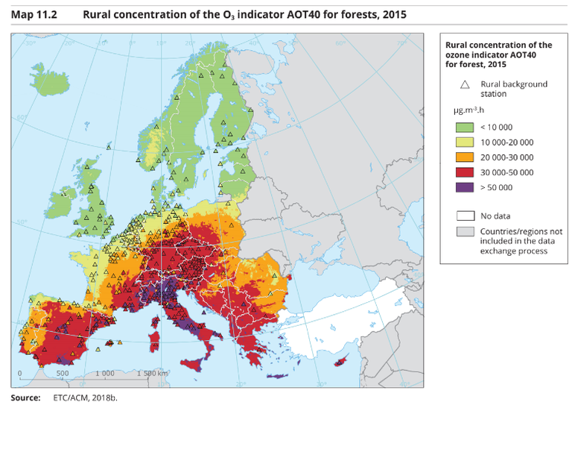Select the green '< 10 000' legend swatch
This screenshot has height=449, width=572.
pos(465,127)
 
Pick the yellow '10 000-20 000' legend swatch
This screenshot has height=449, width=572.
pos(465,142)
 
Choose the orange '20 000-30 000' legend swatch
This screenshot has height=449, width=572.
pos(465,157)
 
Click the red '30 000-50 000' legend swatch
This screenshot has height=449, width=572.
pos(465,172)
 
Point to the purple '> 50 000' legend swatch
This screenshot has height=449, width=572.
pos(465,187)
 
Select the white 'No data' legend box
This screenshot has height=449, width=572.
pos(465,216)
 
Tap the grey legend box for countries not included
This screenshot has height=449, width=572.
pos(465,232)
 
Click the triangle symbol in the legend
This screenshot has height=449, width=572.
pos(465,84)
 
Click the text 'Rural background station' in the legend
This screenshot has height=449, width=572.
pos(514,89)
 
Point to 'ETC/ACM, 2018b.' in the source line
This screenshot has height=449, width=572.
pos(85,398)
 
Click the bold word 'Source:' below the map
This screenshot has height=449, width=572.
pos(25,398)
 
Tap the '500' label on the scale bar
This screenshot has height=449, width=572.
pos(63,373)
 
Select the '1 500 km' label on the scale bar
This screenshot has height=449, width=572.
pos(153,373)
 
